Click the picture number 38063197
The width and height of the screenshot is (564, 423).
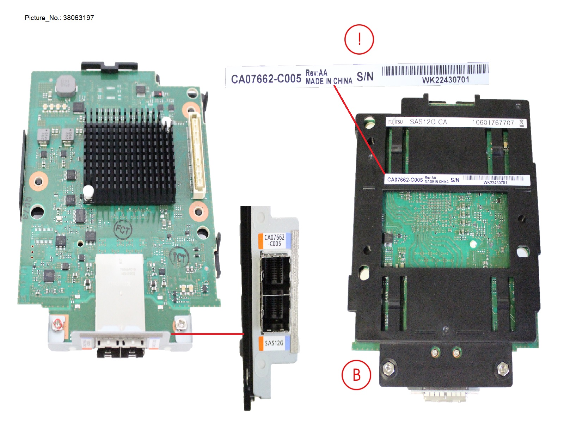pyautogui.click(x=78, y=18)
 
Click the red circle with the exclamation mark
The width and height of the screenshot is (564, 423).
pyautogui.click(x=359, y=39)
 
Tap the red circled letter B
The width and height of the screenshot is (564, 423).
pyautogui.click(x=356, y=375)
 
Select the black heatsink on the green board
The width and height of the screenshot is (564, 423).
pyautogui.click(x=129, y=157)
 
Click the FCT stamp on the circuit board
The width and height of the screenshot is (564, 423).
pyautogui.click(x=123, y=230)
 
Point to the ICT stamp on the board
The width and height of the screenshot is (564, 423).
pyautogui.click(x=179, y=258)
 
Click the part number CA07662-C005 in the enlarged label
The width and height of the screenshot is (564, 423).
pyautogui.click(x=266, y=79)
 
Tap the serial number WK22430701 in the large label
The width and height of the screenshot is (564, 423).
pyautogui.click(x=446, y=80)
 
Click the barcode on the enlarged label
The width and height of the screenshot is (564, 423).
pyautogui.click(x=435, y=70)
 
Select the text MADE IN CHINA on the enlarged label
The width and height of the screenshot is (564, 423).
pyautogui.click(x=329, y=81)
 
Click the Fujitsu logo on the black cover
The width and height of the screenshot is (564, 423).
pyautogui.click(x=395, y=122)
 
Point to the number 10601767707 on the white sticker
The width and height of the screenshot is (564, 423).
pyautogui.click(x=493, y=122)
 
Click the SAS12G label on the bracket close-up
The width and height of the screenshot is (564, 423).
pyautogui.click(x=274, y=343)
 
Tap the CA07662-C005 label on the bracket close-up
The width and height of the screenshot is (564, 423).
pyautogui.click(x=274, y=240)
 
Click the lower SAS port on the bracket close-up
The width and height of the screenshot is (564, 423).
pyautogui.click(x=275, y=312)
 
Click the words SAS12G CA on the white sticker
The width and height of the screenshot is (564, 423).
pyautogui.click(x=428, y=122)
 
